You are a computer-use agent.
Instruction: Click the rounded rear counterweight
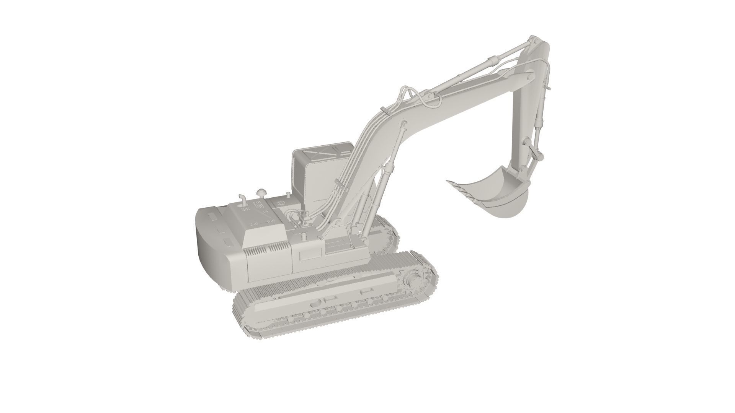(x=214, y=252)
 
